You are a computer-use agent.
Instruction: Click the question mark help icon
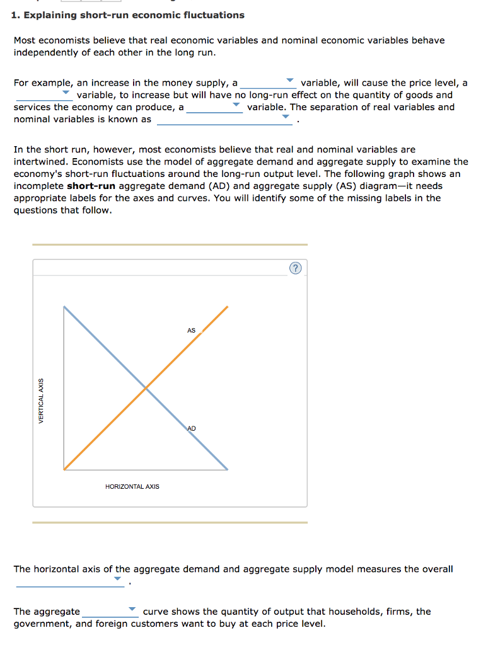point(296,269)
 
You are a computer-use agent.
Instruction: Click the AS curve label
point(192,330)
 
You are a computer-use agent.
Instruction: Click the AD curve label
point(192,428)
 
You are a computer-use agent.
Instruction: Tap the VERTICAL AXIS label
point(42,401)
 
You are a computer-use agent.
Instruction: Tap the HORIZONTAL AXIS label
point(132,486)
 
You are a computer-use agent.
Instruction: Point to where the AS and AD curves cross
point(146,388)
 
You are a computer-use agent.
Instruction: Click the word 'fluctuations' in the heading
point(214,14)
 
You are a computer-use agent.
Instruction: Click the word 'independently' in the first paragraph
point(43,52)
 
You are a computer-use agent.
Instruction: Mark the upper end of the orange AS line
point(228,307)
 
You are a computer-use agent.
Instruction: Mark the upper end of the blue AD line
point(64,307)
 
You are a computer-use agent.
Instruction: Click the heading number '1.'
point(16,14)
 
